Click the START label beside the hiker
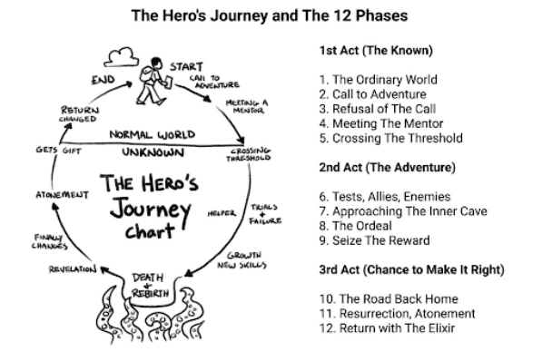(x=186, y=66)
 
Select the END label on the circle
(x=103, y=80)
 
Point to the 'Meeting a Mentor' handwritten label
(x=246, y=106)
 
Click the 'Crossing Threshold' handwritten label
(x=249, y=154)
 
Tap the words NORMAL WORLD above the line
(x=153, y=134)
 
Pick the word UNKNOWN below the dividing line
(x=153, y=152)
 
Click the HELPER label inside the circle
(x=222, y=213)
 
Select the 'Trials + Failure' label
(x=265, y=214)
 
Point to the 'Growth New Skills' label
(x=242, y=260)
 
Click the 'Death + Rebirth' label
(x=150, y=286)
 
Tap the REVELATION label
(x=73, y=269)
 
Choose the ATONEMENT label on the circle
(x=63, y=195)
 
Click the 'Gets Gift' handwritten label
(x=58, y=151)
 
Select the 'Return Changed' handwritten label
(x=79, y=114)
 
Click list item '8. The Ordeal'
(x=355, y=226)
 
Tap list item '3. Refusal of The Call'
(x=377, y=109)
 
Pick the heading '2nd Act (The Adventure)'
(x=387, y=168)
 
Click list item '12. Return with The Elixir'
(x=387, y=328)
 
